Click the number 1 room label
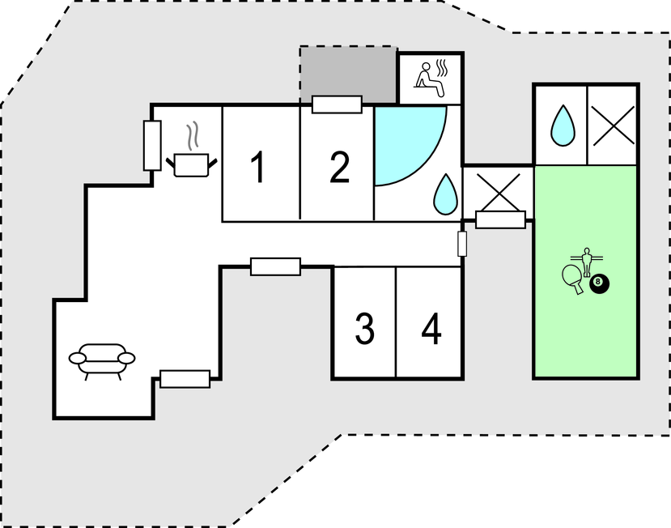(x=257, y=168)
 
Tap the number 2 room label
(x=339, y=168)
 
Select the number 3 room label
(x=364, y=329)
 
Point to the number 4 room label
(x=431, y=329)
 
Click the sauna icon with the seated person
(x=431, y=77)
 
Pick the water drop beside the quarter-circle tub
(x=444, y=194)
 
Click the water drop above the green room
(x=562, y=126)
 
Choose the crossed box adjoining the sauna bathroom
(x=497, y=192)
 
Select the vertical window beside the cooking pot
(x=151, y=145)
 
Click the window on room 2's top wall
(x=337, y=104)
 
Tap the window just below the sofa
(x=185, y=378)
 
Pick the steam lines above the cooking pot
(x=192, y=137)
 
